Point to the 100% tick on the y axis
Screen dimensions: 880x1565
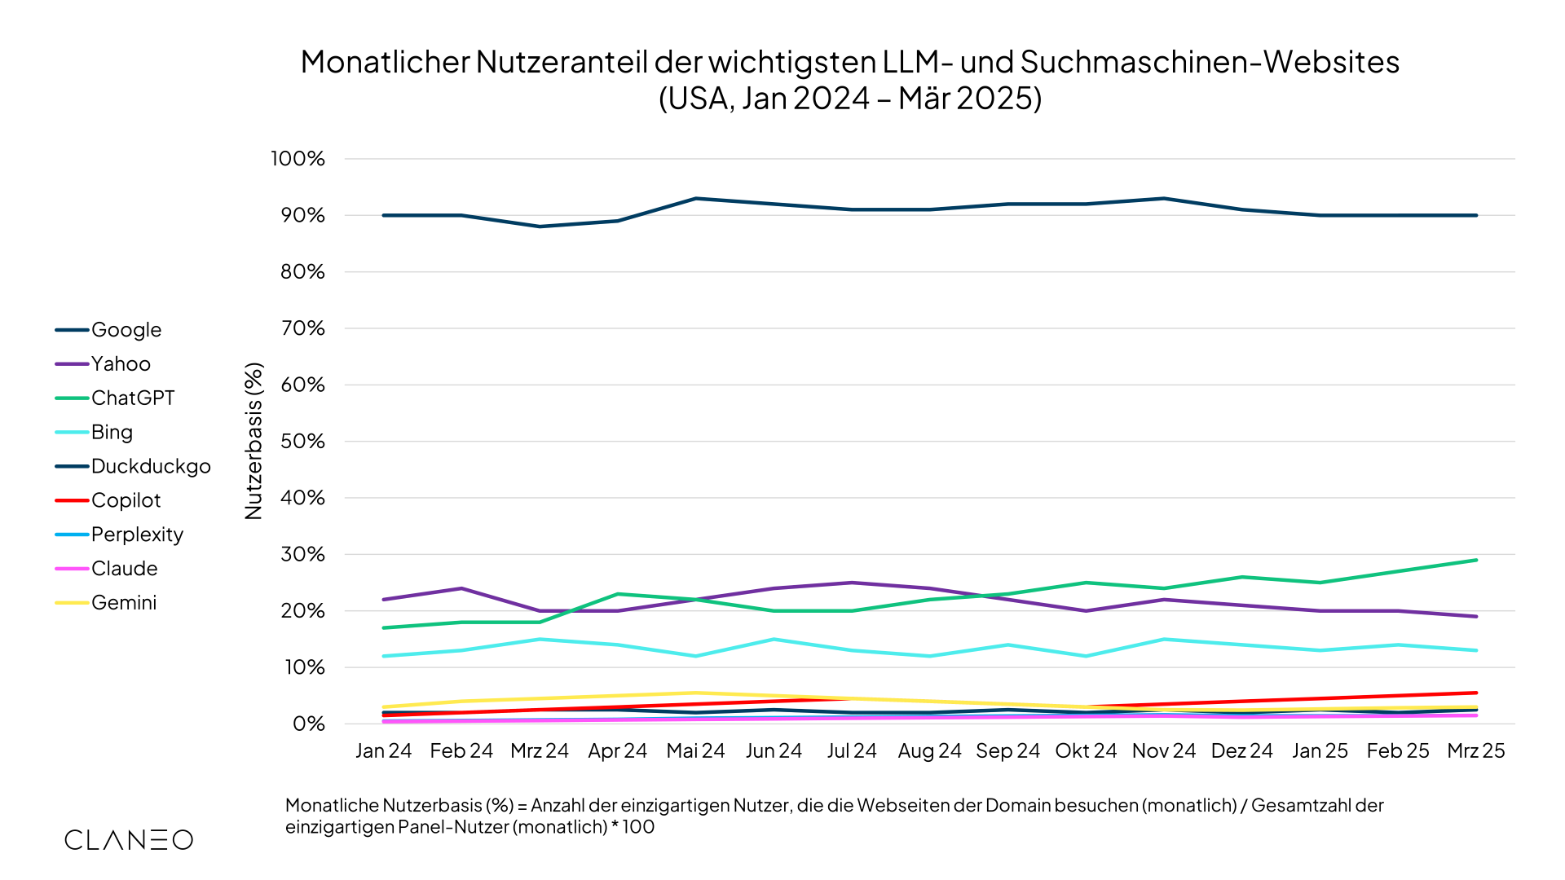tap(298, 159)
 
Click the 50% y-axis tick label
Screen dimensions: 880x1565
tap(302, 442)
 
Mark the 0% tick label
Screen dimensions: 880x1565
tap(308, 724)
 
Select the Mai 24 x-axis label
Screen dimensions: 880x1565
tap(695, 751)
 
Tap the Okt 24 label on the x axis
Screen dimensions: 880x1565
tap(1086, 751)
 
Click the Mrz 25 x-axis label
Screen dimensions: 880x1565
tap(1475, 751)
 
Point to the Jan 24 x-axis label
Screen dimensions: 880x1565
tap(383, 751)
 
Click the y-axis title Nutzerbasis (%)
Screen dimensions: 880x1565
tap(254, 441)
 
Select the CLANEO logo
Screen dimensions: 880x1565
tap(129, 840)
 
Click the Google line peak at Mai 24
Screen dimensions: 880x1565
tap(695, 198)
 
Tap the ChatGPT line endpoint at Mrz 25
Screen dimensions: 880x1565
tap(1475, 561)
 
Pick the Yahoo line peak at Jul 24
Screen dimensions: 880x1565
tap(852, 583)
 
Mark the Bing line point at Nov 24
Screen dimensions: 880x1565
tap(1164, 640)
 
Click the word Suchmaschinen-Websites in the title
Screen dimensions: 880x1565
tap(1210, 62)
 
